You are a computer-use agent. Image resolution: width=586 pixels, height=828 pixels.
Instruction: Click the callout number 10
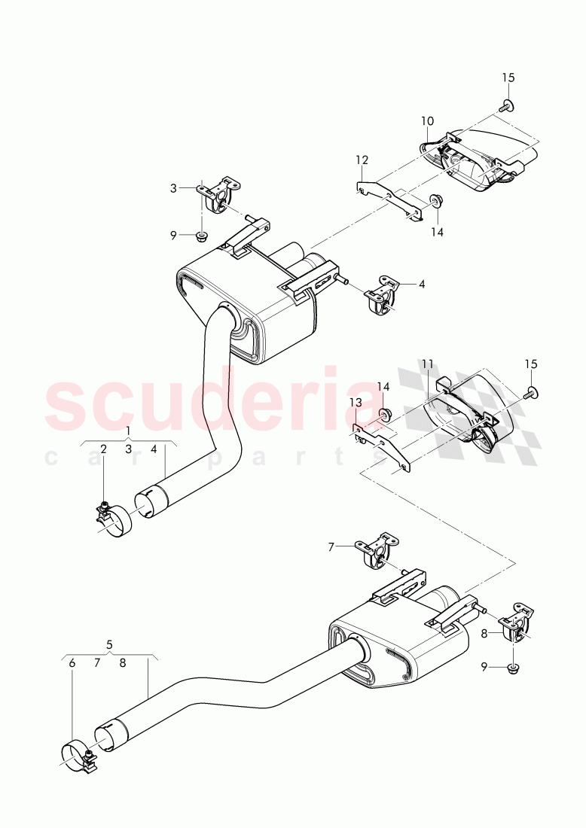click(427, 120)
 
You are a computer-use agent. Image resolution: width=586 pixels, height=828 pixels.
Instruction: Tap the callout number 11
click(427, 364)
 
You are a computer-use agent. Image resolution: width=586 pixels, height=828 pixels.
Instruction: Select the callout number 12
click(362, 160)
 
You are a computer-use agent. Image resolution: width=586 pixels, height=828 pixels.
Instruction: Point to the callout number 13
click(355, 403)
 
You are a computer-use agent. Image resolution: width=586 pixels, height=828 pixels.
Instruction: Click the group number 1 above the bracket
click(128, 431)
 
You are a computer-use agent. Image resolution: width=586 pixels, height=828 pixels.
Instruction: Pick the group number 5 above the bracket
click(109, 644)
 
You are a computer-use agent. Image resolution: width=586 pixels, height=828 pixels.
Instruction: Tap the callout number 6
click(72, 663)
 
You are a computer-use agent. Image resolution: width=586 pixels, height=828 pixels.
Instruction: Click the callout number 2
click(103, 449)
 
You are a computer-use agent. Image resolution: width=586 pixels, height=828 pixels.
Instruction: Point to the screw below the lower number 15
click(533, 391)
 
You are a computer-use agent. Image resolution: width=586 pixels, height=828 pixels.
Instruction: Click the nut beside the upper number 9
click(201, 236)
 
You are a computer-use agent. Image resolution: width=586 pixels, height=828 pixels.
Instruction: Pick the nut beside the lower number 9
click(513, 667)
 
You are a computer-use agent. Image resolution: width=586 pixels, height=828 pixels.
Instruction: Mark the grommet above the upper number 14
click(435, 201)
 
